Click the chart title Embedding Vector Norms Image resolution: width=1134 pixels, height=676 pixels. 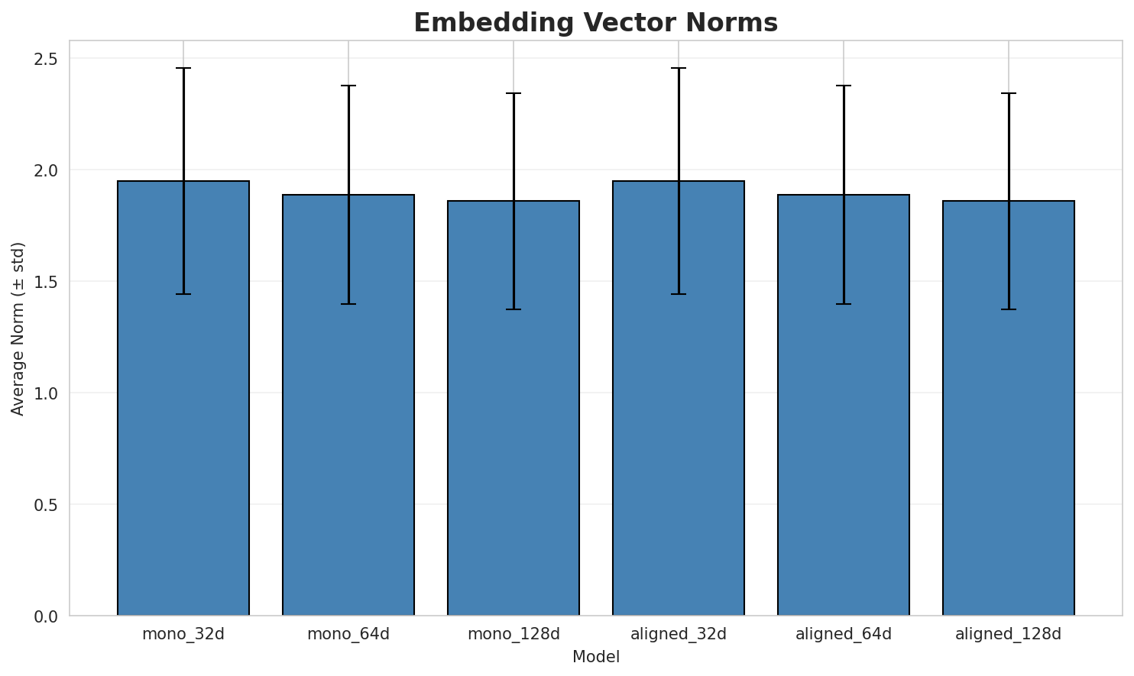pos(595,23)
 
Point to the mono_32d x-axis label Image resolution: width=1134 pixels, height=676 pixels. pos(183,634)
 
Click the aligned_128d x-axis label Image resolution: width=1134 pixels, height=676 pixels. pos(1009,634)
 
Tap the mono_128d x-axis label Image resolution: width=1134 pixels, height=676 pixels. pos(514,634)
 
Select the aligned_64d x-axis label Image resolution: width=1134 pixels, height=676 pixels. pos(844,634)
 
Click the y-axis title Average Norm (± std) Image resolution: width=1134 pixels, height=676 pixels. pos(18,328)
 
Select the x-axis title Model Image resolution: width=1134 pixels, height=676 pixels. pos(595,657)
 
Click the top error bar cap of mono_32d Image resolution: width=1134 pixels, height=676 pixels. pos(183,68)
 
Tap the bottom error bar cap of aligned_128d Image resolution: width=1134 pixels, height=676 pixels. pos(1009,309)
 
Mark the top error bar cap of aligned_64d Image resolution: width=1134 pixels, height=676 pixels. pos(844,86)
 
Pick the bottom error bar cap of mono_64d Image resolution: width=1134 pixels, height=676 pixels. pos(348,304)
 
